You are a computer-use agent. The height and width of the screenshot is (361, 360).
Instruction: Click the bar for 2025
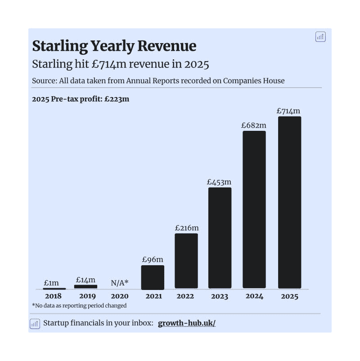[x=289, y=202]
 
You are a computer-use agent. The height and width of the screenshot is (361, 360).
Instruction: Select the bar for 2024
[x=254, y=209]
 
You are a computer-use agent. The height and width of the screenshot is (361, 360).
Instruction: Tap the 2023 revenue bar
[x=220, y=238]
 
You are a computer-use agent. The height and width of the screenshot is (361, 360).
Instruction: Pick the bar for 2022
[x=186, y=261]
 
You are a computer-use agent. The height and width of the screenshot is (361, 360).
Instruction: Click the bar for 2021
[x=153, y=277]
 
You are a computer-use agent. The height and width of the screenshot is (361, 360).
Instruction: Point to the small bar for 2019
[x=85, y=286]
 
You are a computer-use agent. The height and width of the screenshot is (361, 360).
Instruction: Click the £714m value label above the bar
[x=288, y=111]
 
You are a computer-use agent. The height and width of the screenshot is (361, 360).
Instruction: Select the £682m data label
[x=254, y=125]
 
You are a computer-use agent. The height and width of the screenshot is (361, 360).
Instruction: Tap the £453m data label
[x=219, y=182]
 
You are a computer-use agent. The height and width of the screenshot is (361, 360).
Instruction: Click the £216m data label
[x=186, y=227]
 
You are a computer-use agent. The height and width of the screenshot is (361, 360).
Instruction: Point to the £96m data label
[x=153, y=259]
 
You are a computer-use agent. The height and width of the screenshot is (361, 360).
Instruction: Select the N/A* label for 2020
[x=120, y=283]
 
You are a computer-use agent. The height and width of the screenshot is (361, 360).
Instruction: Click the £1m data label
[x=51, y=283]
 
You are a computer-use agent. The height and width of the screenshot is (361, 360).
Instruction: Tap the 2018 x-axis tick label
[x=53, y=296]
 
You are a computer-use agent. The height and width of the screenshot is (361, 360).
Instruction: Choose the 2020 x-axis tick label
[x=120, y=296]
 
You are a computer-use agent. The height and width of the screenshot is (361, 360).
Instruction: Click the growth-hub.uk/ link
[x=187, y=323]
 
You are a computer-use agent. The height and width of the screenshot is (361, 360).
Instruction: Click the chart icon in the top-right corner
[x=320, y=37]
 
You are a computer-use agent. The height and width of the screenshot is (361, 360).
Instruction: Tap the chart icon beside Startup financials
[x=35, y=324]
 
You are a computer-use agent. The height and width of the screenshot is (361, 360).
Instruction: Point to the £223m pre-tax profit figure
[x=117, y=99]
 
